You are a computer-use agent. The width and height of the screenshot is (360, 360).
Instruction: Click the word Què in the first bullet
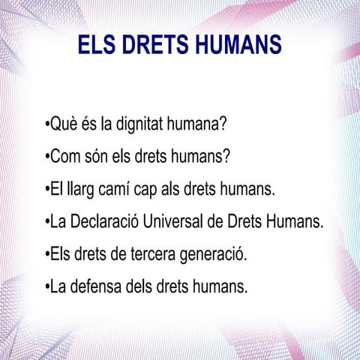tap(64, 124)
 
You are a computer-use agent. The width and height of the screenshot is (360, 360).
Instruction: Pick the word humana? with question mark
tap(200, 124)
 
